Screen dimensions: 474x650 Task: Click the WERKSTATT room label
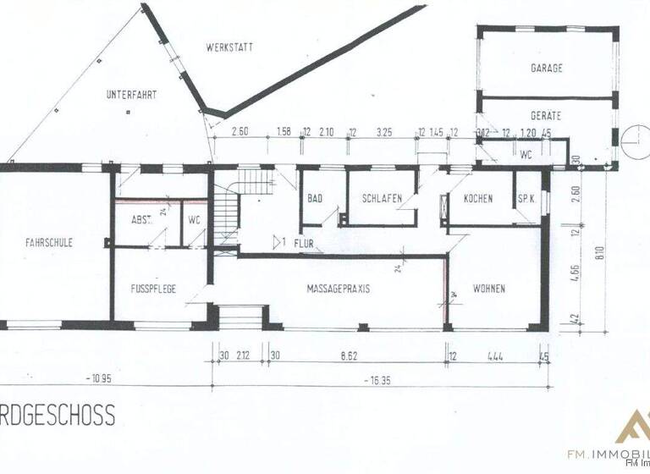pos(229,47)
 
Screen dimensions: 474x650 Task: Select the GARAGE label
pos(547,68)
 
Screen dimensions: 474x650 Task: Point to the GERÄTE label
pos(546,114)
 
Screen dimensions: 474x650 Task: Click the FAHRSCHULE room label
pos(47,242)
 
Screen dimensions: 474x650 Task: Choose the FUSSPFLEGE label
pos(153,289)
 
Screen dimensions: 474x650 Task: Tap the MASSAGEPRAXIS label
pos(338,289)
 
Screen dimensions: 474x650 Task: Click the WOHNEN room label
pos(489,289)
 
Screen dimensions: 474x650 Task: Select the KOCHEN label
pos(478,198)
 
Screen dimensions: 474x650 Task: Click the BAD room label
pos(315,198)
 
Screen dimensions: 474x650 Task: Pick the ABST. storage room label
pos(141,219)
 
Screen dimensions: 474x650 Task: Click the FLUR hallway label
pos(305,243)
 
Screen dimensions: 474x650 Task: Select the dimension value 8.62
pos(359,355)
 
